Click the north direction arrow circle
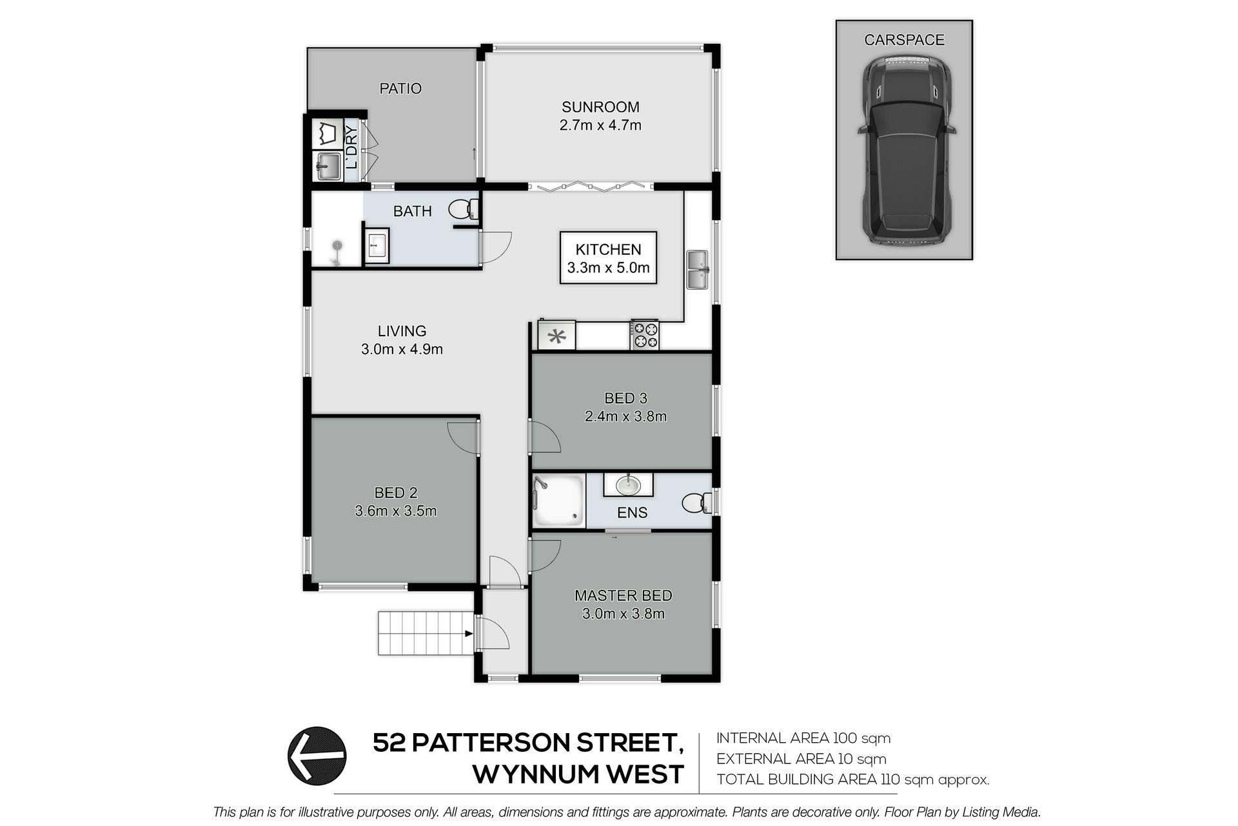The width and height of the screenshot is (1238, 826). click(x=317, y=756)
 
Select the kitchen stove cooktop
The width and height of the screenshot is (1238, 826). click(x=645, y=335)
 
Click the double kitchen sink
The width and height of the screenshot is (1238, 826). click(x=698, y=270)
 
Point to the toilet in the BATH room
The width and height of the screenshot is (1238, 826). click(x=464, y=209)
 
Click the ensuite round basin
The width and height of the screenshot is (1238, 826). click(x=627, y=484)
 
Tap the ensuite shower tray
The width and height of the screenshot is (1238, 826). click(x=559, y=501)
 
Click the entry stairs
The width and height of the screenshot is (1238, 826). click(x=426, y=632)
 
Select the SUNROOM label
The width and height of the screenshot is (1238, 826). click(x=600, y=106)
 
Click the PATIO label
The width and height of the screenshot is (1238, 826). click(x=400, y=88)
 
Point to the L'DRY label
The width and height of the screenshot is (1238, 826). click(x=352, y=147)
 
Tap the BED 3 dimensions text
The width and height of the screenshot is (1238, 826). click(x=625, y=416)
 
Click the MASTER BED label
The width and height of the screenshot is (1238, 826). click(x=624, y=596)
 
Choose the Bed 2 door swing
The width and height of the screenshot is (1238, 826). click(x=462, y=439)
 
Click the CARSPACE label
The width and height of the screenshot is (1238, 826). click(x=904, y=40)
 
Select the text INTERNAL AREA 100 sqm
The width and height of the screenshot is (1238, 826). click(x=803, y=738)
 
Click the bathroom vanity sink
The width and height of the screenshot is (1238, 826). click(x=377, y=246)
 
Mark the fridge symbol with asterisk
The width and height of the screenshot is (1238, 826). click(x=556, y=336)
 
